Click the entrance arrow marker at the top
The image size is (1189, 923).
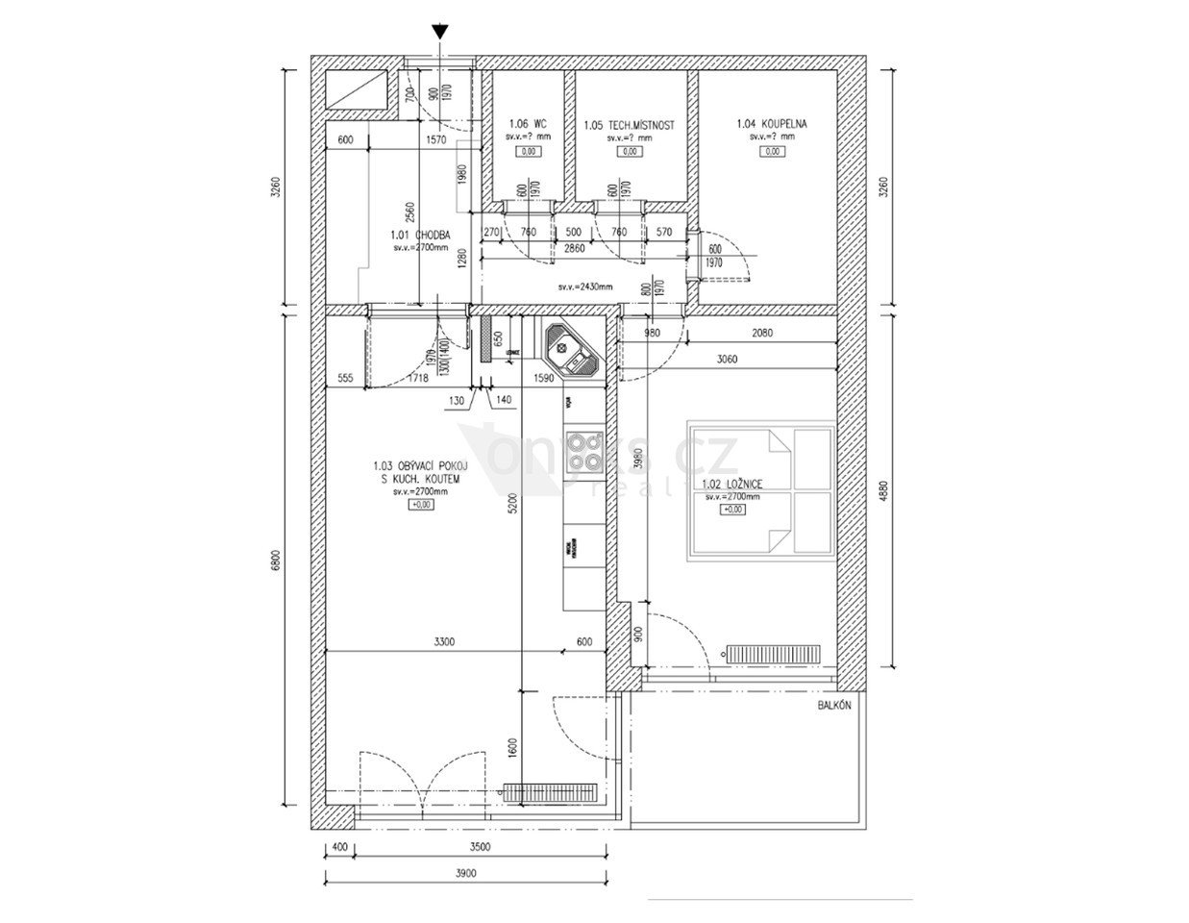click(439, 31)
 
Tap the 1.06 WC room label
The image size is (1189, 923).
click(527, 124)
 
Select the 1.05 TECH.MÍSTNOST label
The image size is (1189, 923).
click(629, 125)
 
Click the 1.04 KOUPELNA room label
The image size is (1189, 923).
click(772, 124)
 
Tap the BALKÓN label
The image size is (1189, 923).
click(834, 706)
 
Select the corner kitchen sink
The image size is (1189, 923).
click(573, 351)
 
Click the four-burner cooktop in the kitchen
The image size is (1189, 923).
click(583, 450)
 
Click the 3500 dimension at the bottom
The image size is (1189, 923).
click(481, 847)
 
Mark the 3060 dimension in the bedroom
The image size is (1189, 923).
click(728, 360)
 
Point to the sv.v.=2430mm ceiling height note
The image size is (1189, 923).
click(585, 287)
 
